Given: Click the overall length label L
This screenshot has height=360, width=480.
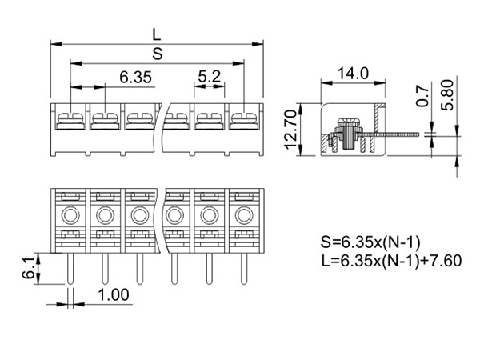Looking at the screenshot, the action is click(x=157, y=34).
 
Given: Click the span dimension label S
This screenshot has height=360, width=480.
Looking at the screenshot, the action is click(x=158, y=54).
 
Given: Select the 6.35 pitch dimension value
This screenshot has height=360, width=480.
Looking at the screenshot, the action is click(x=135, y=77).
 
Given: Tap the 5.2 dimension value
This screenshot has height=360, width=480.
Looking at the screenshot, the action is click(x=209, y=77).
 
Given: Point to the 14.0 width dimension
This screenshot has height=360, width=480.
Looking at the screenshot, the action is click(x=353, y=74).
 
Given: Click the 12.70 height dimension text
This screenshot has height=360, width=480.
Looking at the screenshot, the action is click(x=291, y=130).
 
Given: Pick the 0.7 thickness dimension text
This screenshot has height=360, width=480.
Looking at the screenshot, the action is click(x=422, y=97).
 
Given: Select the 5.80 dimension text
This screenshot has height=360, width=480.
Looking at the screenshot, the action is click(x=447, y=95).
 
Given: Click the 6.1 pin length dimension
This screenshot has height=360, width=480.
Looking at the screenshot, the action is click(x=28, y=268).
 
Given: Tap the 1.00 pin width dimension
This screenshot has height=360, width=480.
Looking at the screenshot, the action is click(x=114, y=295).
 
